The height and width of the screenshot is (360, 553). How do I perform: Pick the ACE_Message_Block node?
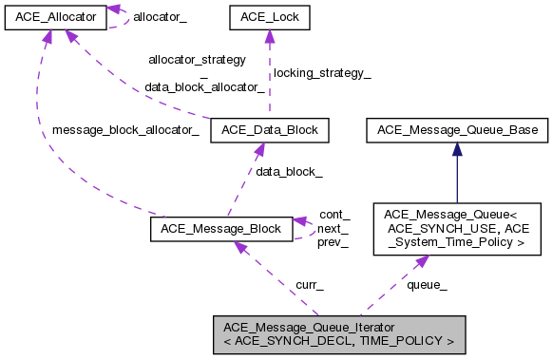(x=222, y=229)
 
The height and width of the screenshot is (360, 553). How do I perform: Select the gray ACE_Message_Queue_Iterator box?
(x=338, y=332)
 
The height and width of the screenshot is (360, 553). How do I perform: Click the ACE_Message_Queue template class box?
(x=457, y=229)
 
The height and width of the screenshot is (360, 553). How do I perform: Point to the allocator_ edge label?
(x=159, y=16)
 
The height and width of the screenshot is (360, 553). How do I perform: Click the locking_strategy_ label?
(x=321, y=73)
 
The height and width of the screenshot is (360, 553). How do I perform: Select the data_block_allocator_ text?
(x=204, y=86)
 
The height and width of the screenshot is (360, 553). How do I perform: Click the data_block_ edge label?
(x=289, y=172)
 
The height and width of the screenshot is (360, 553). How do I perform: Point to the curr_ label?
(x=310, y=284)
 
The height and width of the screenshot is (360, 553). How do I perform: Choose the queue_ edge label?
(x=427, y=284)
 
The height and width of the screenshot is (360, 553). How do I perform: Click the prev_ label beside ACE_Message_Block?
(x=334, y=243)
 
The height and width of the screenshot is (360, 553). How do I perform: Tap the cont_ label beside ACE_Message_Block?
(x=334, y=215)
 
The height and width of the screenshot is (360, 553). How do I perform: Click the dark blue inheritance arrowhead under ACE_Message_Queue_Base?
(x=457, y=148)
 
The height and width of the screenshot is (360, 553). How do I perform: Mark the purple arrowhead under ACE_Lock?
(x=269, y=36)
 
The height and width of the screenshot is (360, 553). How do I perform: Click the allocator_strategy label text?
(x=197, y=60)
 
